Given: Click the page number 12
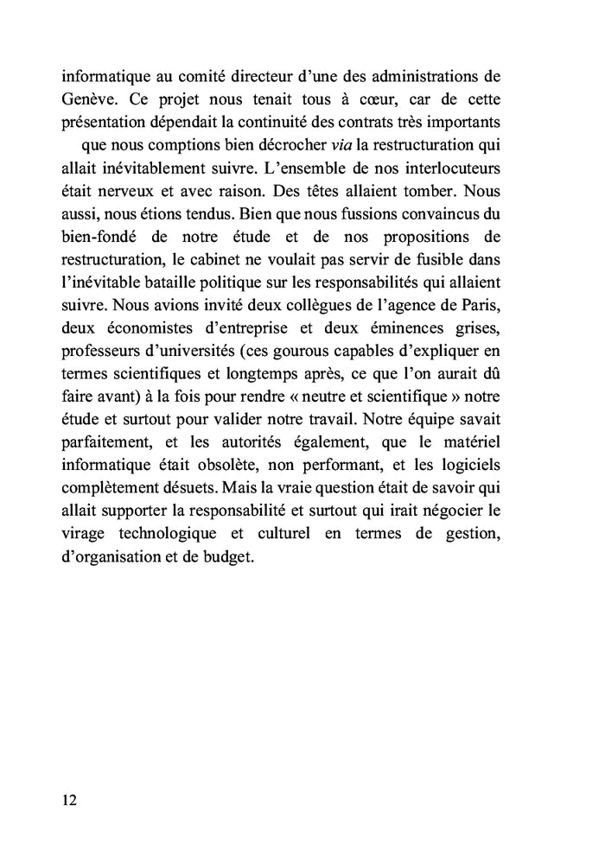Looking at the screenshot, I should (x=69, y=800).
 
